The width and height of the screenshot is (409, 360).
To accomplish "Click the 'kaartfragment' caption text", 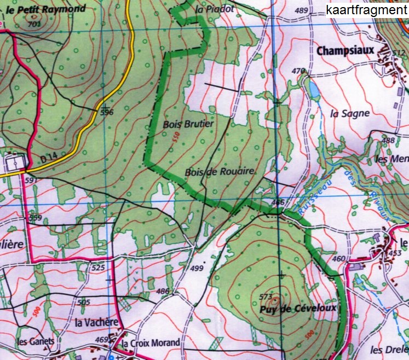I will pyautogui.click(x=366, y=10).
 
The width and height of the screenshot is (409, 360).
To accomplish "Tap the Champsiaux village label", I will pyautogui.click(x=345, y=50).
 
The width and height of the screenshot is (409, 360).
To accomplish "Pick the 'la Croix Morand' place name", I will pyautogui.click(x=151, y=343).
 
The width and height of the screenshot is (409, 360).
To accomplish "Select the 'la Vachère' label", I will pyautogui.click(x=93, y=323).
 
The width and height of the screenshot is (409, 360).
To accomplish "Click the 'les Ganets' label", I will pyautogui.click(x=36, y=341).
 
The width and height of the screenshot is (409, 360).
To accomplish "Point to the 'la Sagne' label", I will pyautogui.click(x=350, y=114).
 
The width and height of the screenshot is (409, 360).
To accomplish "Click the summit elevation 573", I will pyautogui.click(x=266, y=297).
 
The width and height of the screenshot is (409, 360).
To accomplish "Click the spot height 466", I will pyautogui.click(x=278, y=202).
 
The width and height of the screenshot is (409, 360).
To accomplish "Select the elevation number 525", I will pyautogui.click(x=98, y=268).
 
